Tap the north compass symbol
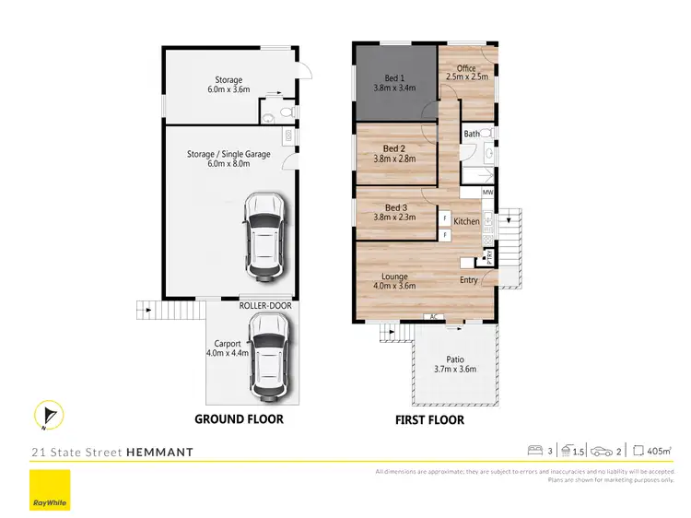pyautogui.click(x=48, y=417)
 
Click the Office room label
pyautogui.click(x=466, y=73)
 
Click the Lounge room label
pyautogui.click(x=393, y=279)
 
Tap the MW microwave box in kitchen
pyautogui.click(x=487, y=193)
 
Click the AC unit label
pyautogui.click(x=430, y=317)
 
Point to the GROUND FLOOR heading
pyautogui.click(x=239, y=419)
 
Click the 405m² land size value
pyautogui.click(x=658, y=451)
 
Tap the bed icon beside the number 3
pyautogui.click(x=533, y=451)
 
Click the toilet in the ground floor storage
pyautogui.click(x=285, y=113)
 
